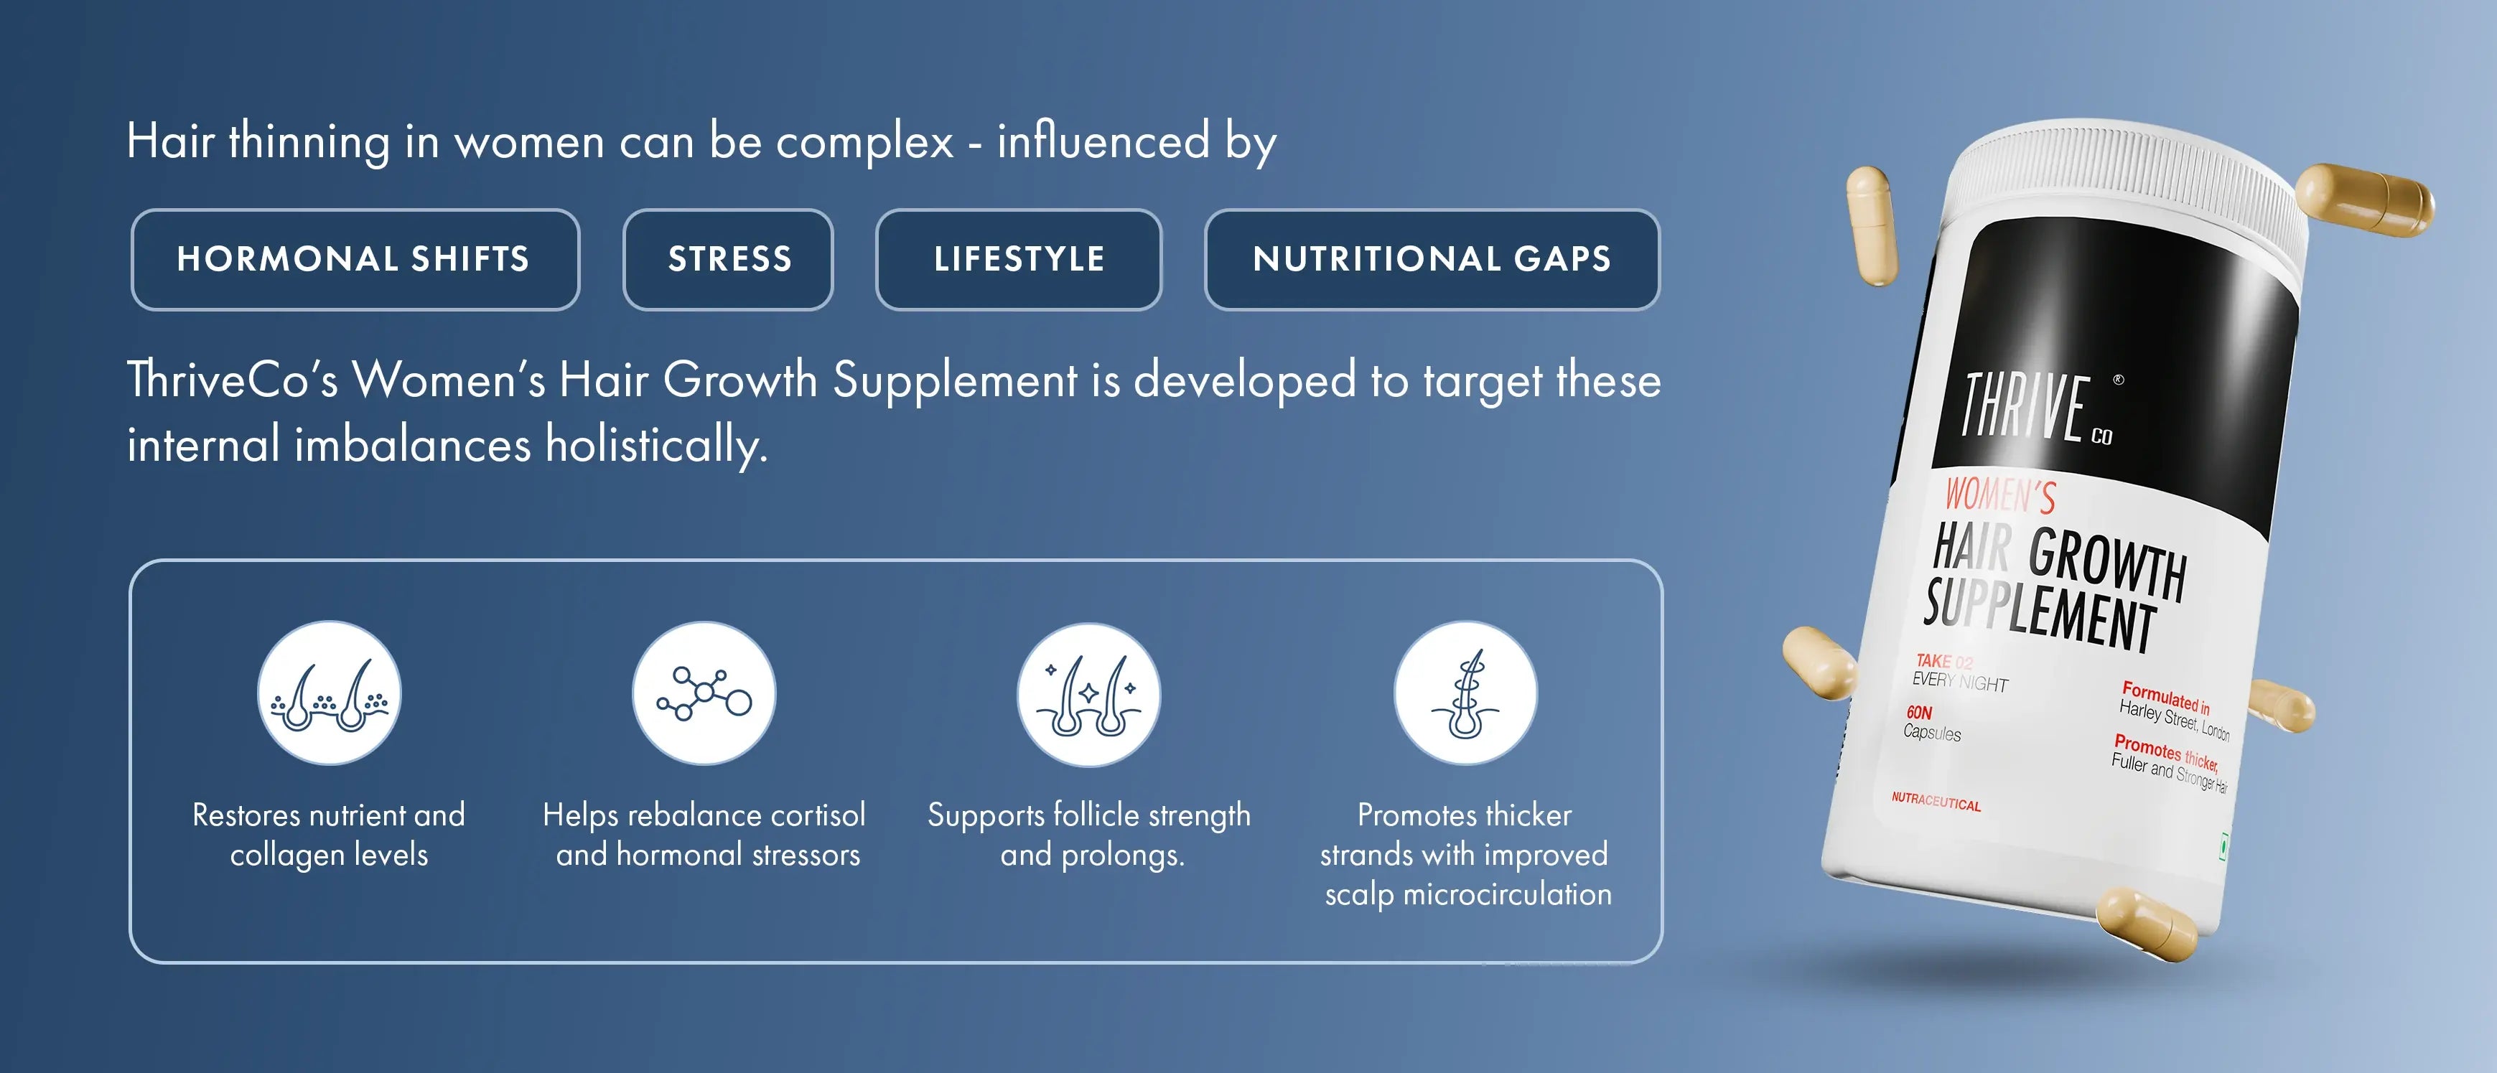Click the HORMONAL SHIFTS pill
(355, 260)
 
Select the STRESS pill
(728, 260)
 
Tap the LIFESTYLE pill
(1019, 260)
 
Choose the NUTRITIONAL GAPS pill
(1432, 260)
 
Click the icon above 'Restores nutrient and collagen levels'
(330, 693)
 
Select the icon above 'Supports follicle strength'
(1088, 694)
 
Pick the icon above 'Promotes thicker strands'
(1465, 693)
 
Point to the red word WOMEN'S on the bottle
(1999, 495)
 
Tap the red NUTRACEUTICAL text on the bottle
(1936, 802)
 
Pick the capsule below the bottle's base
(2147, 926)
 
